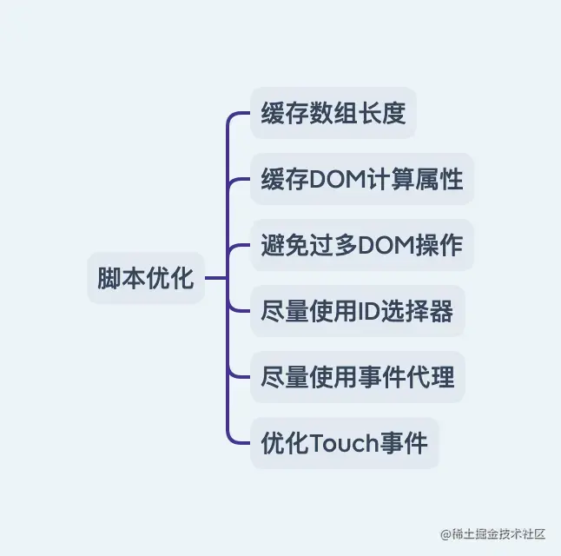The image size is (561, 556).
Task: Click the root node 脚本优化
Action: coord(146,278)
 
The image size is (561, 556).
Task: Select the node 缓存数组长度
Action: coord(333,113)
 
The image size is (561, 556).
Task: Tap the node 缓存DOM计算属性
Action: coord(361,179)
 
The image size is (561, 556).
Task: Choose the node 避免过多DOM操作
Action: coord(361,245)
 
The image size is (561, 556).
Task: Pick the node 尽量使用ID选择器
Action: coord(357,311)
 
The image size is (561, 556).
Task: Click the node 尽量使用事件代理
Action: coord(357,377)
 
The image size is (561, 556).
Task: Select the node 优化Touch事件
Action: coord(345,443)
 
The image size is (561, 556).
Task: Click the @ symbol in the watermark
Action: coord(445,533)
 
